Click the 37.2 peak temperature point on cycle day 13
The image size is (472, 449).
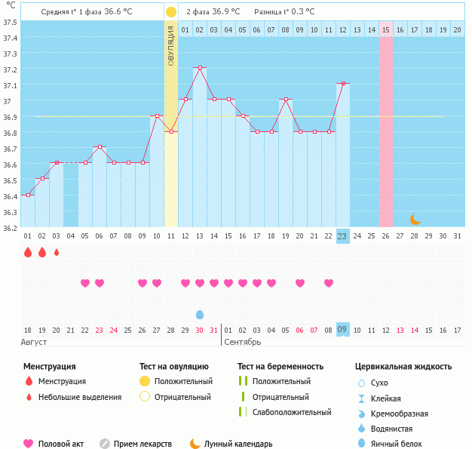point(200,68)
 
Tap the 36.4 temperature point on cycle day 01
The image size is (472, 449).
point(28,195)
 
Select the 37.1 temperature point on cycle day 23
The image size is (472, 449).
point(342,83)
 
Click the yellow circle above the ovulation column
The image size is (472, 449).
point(171,12)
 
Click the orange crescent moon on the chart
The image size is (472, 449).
point(415,219)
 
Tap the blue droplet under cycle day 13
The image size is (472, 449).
point(200,314)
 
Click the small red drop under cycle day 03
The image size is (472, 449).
point(57,252)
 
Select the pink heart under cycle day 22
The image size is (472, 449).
point(328,283)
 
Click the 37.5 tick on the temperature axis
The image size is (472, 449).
point(11,22)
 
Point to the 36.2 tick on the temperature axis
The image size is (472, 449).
point(11,228)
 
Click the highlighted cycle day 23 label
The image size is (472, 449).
point(342,236)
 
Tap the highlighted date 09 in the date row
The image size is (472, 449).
point(342,330)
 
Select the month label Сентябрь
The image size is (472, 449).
point(243,342)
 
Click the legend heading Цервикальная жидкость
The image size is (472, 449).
point(403,367)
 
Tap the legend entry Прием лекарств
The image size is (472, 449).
point(143,444)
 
